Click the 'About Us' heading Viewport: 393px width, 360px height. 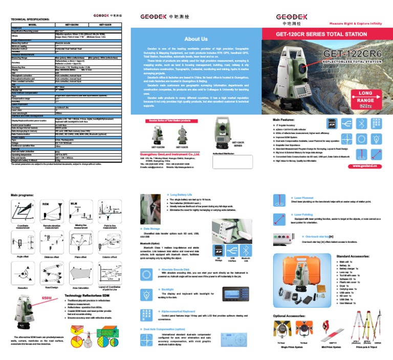(196, 39)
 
